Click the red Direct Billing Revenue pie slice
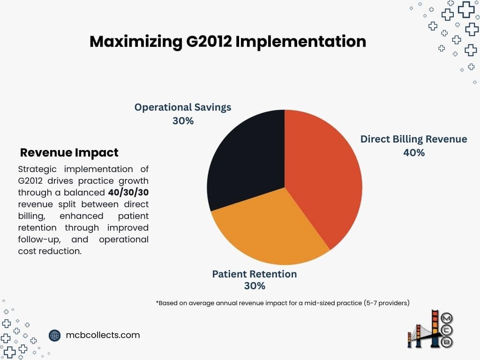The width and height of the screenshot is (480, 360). (x=323, y=178)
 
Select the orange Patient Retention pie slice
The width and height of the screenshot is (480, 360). (x=272, y=230)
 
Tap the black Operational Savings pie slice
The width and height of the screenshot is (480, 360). (x=246, y=159)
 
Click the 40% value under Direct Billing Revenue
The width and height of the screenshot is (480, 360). (x=413, y=152)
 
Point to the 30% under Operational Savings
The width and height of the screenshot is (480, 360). (x=183, y=120)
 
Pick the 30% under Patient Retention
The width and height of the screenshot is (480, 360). (x=255, y=285)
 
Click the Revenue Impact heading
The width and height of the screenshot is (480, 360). (x=69, y=152)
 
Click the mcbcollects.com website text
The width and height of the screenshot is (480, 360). (x=103, y=335)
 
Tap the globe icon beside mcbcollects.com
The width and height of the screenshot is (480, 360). (x=55, y=335)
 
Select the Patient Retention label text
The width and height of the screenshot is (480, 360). (x=255, y=274)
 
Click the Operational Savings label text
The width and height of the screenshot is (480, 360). (x=183, y=107)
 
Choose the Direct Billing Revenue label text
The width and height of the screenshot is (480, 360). (x=413, y=139)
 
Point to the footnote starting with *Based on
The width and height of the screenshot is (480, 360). (x=283, y=303)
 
